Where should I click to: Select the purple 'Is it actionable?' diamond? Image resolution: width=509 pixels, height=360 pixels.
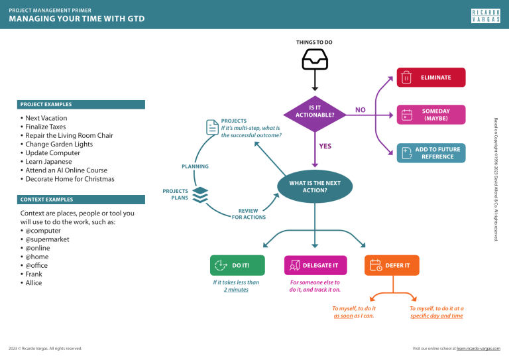(314, 110)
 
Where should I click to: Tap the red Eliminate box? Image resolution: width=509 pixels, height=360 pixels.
(426, 78)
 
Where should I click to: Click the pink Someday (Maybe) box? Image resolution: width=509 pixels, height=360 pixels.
(426, 115)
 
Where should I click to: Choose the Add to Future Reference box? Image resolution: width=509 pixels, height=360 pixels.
(426, 153)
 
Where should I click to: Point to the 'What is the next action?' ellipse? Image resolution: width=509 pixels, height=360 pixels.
(314, 187)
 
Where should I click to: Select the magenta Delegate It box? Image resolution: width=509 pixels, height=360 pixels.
(314, 265)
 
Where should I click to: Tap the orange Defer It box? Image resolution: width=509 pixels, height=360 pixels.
(391, 265)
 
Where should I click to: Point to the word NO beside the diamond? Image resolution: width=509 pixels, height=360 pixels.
(360, 110)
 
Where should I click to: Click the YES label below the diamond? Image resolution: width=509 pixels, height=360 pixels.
(325, 146)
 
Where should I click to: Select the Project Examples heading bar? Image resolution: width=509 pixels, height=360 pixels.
(82, 105)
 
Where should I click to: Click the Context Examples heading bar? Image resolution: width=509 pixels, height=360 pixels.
(82, 200)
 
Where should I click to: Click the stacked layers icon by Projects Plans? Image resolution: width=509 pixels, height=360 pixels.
(201, 194)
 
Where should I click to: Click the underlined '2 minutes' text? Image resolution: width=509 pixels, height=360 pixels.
(235, 290)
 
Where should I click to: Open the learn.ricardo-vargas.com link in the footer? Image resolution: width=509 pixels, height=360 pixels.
(479, 348)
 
